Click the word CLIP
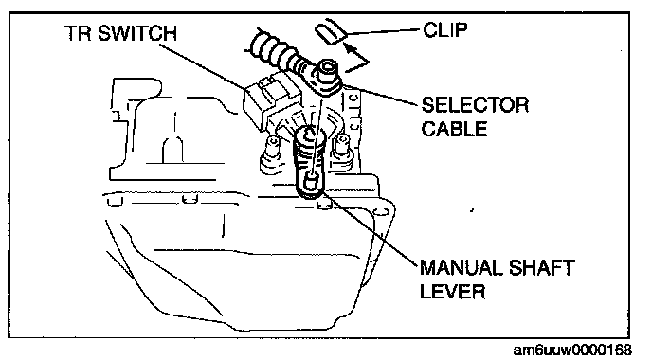[445, 29]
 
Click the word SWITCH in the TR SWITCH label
[136, 33]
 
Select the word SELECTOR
[476, 105]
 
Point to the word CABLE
[454, 129]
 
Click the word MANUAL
[462, 267]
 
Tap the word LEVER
[452, 291]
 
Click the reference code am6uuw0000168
[572, 350]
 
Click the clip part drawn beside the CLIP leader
[331, 32]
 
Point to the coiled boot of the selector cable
[275, 50]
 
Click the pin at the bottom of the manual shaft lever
[310, 182]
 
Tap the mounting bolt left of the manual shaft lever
[272, 148]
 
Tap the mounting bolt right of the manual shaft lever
[342, 146]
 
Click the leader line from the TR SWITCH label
[203, 66]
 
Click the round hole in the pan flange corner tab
[378, 212]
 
